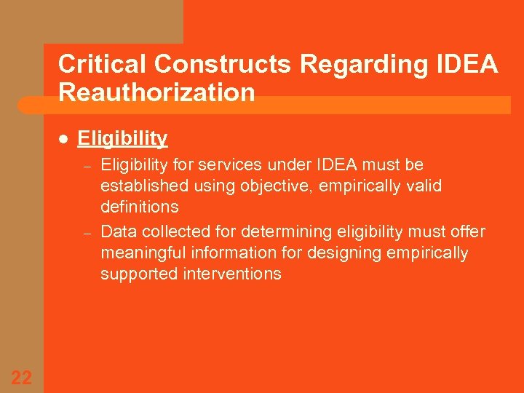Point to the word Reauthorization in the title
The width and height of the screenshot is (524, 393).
(156, 92)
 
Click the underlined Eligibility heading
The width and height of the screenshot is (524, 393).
(122, 138)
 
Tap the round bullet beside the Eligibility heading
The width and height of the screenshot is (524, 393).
(63, 138)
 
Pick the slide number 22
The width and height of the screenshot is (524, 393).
(22, 376)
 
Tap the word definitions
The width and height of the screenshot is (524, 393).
(140, 207)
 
